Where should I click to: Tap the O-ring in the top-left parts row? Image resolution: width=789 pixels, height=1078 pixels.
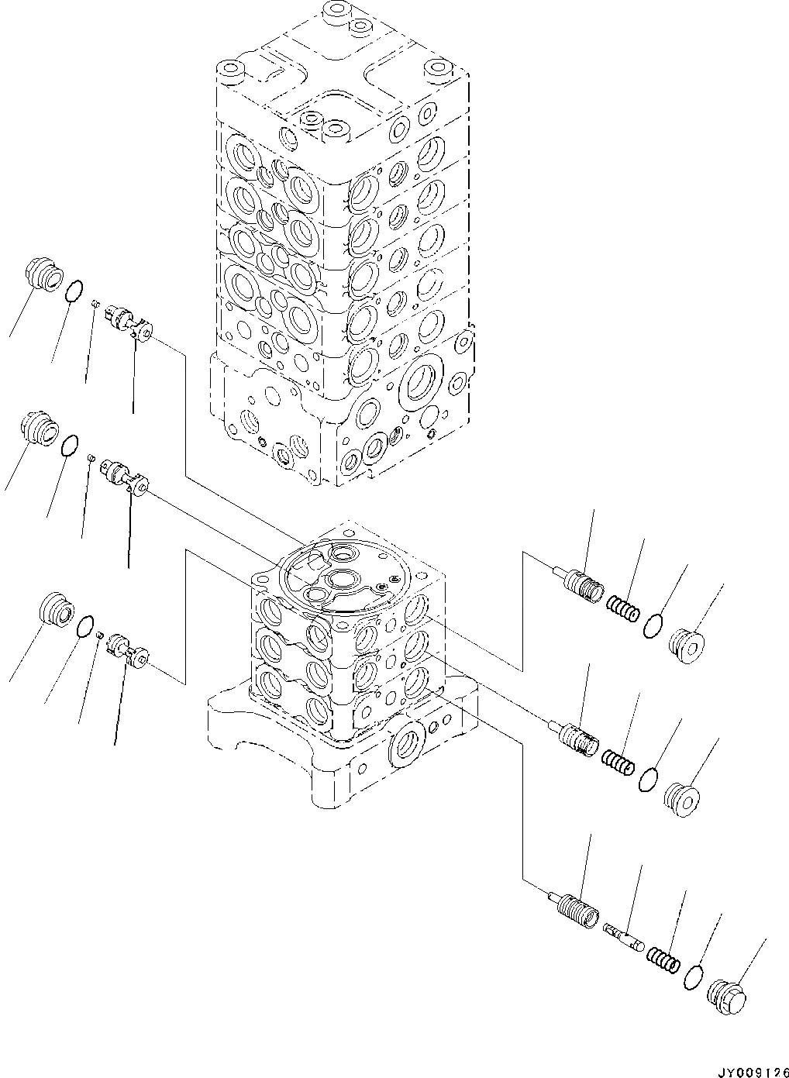tap(72, 291)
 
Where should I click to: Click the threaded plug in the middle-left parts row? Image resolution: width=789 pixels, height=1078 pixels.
tap(40, 427)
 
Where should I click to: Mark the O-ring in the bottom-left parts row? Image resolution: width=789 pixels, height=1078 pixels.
tap(87, 625)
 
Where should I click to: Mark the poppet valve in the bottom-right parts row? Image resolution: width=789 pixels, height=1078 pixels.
tap(575, 905)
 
